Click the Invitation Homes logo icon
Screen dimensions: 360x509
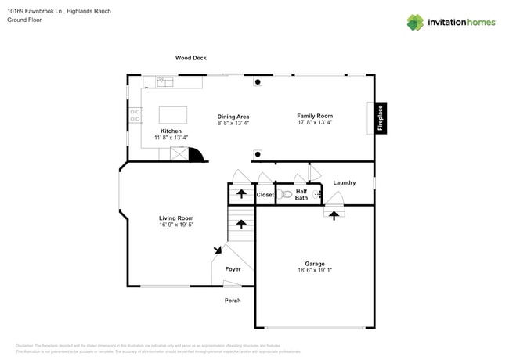(415, 23)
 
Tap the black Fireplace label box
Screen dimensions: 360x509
(381, 118)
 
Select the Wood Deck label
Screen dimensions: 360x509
(190, 58)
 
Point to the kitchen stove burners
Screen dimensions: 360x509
(135, 117)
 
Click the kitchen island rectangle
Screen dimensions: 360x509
(172, 114)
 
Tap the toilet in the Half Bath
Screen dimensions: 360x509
(286, 194)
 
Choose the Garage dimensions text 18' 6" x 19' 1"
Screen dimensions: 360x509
(315, 270)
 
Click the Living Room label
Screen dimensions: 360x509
(176, 218)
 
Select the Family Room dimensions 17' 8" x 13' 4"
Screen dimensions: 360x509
(315, 122)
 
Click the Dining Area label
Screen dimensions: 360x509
(233, 117)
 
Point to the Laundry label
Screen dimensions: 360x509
(345, 182)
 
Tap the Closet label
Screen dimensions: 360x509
(265, 194)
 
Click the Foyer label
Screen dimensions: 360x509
(233, 269)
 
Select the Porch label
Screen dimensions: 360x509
(233, 301)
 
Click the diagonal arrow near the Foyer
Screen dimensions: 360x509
(218, 250)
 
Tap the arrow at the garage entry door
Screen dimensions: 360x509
(334, 214)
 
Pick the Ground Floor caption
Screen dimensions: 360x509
(23, 20)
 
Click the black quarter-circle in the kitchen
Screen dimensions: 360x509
(196, 154)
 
